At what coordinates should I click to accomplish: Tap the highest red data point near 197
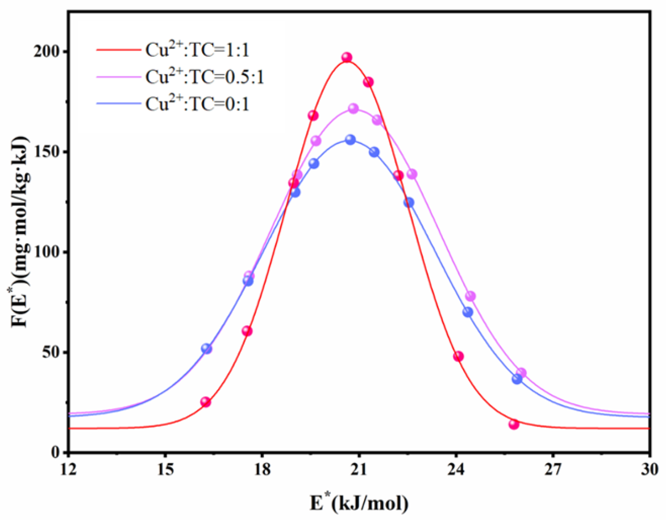click(x=347, y=57)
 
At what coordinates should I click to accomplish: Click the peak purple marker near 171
click(x=353, y=109)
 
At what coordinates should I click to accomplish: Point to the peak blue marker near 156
click(x=350, y=140)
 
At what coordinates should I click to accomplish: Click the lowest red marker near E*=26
click(x=514, y=424)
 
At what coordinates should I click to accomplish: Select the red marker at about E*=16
click(x=205, y=402)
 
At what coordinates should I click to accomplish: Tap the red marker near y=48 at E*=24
click(x=458, y=356)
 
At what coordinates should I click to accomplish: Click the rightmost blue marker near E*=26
click(x=517, y=379)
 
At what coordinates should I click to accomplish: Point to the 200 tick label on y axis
click(x=47, y=52)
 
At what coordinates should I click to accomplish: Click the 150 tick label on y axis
click(x=47, y=152)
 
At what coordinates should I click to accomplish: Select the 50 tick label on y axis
click(x=51, y=353)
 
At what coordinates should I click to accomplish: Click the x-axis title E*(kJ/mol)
click(x=359, y=503)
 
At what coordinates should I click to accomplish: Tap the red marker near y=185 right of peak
click(x=368, y=82)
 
